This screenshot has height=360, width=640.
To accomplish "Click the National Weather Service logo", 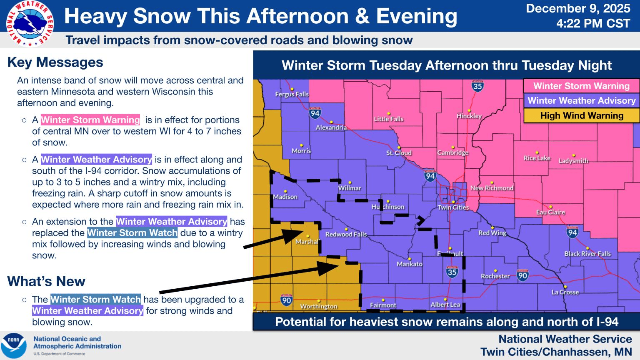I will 30,24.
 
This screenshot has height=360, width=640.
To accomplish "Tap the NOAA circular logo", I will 14,345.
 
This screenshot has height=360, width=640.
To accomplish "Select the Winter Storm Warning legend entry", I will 581,86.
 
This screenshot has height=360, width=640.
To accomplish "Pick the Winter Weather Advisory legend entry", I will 581,101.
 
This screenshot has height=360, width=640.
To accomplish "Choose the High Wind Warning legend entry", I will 581,116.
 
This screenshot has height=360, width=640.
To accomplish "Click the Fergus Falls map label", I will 292,94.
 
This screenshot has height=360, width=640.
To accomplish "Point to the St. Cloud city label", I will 399,153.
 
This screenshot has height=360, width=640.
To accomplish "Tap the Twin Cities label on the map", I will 453,207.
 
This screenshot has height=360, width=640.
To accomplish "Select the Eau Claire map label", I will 550,212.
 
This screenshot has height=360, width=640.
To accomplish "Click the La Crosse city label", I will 565,292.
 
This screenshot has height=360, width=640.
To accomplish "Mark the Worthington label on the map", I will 318,306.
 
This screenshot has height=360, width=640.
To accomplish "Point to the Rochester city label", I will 495,276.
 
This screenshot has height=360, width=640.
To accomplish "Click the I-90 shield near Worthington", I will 286,300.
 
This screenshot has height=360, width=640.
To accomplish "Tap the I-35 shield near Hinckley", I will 477,86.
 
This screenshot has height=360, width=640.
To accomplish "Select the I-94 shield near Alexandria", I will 315,113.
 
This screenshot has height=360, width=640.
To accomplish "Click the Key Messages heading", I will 55,62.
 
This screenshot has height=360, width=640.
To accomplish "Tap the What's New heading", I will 46,282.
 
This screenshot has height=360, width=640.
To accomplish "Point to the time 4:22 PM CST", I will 593,23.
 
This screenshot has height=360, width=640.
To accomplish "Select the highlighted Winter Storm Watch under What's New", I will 95,300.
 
